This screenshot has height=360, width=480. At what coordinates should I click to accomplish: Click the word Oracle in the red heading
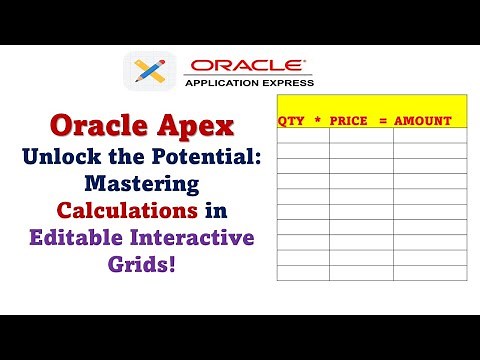97,128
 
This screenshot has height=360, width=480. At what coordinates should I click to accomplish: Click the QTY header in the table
291,121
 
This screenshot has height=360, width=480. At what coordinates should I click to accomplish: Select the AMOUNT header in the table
423,121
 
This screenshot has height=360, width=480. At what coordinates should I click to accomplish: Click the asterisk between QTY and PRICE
316,121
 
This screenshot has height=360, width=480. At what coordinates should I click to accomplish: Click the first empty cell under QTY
302,137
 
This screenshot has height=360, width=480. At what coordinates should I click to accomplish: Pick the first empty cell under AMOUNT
430,137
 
